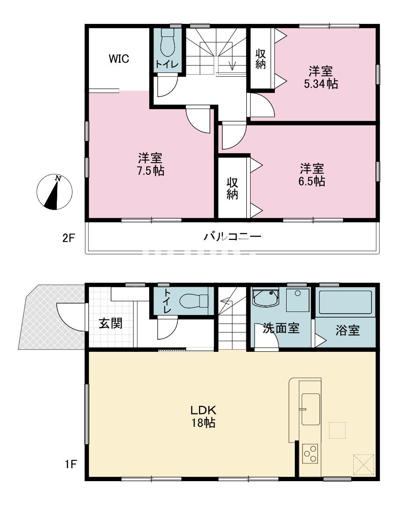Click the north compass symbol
(54, 192)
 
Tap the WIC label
(119, 59)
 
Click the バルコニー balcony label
(232, 237)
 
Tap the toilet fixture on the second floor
(166, 43)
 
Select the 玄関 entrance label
(110, 323)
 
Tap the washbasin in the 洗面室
(265, 298)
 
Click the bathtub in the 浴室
(345, 302)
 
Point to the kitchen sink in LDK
(310, 409)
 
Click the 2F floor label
(69, 238)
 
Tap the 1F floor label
(69, 465)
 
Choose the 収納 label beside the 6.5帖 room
(232, 187)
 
